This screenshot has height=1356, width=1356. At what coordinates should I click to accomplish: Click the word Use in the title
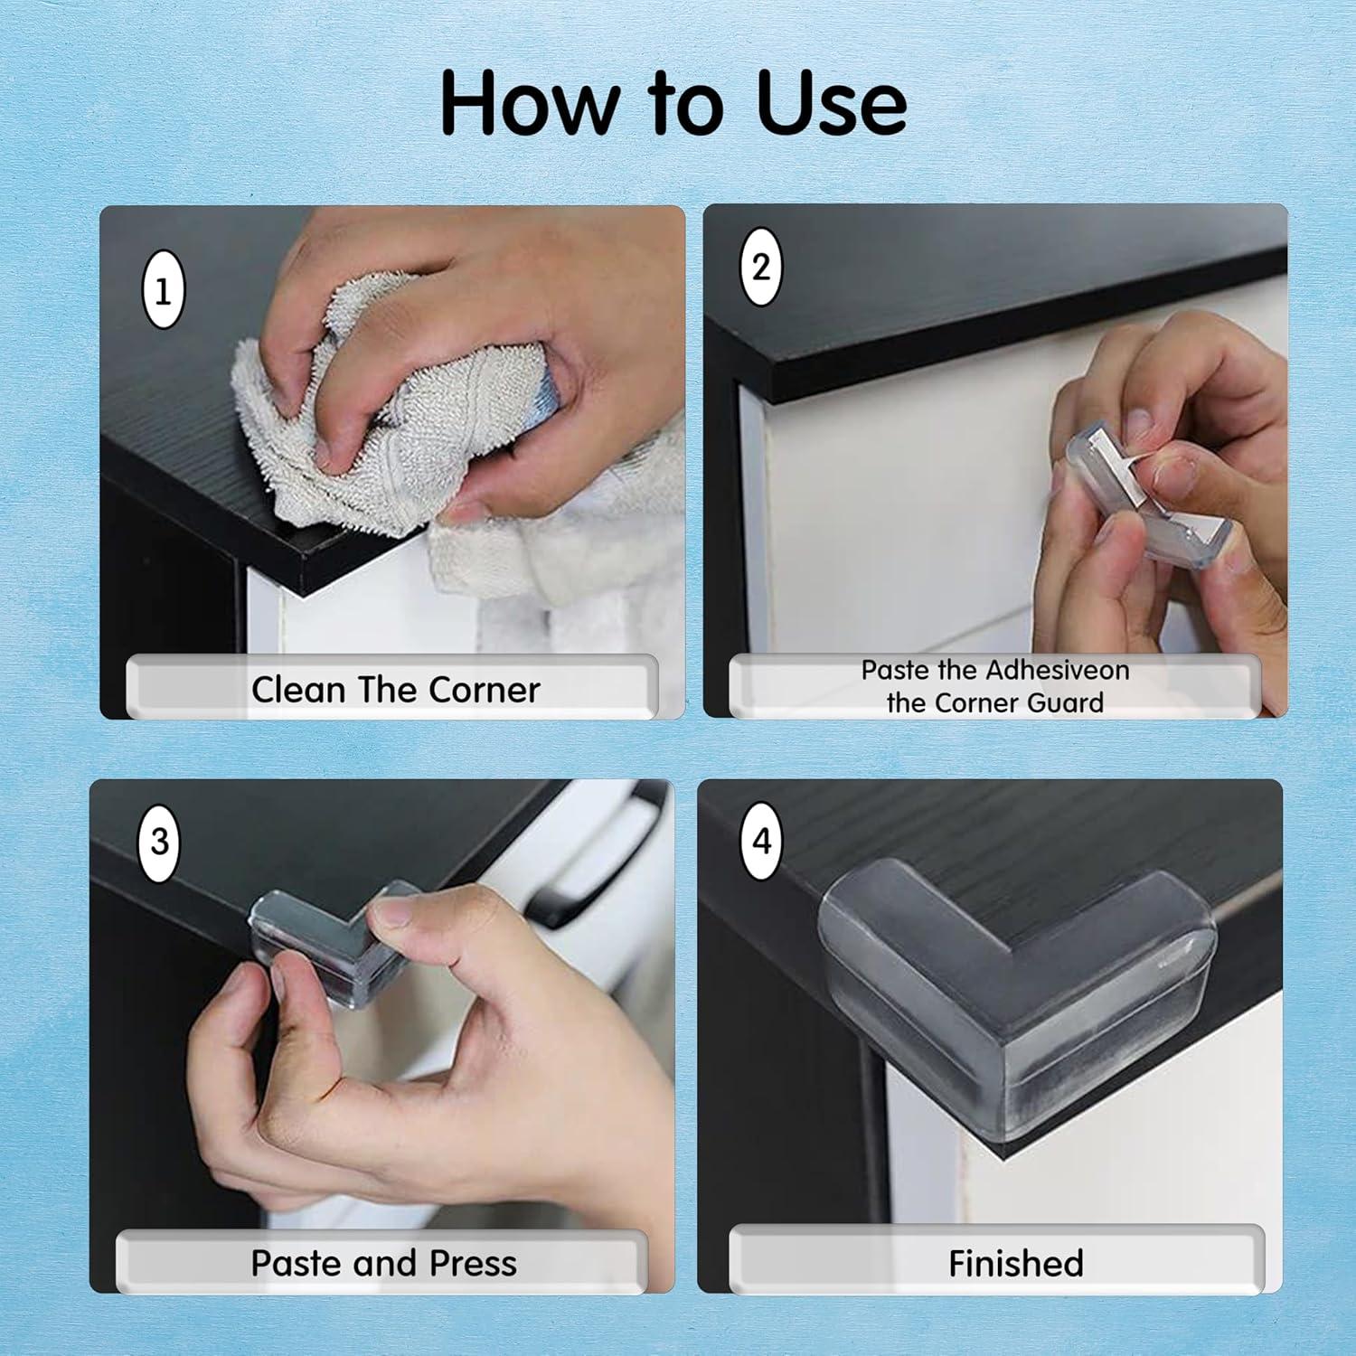(x=831, y=103)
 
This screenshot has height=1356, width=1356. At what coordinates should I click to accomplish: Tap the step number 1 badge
(x=164, y=290)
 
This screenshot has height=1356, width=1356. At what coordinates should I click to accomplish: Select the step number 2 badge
(x=761, y=267)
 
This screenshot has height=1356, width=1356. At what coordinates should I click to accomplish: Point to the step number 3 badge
(x=159, y=842)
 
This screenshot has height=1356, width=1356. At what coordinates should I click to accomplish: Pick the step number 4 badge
(x=762, y=841)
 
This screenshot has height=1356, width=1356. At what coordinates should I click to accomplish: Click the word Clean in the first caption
(x=298, y=690)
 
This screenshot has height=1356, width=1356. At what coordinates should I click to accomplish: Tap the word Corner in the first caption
(x=485, y=690)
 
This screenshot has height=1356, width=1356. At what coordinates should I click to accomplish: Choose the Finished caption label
(x=1016, y=1264)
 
